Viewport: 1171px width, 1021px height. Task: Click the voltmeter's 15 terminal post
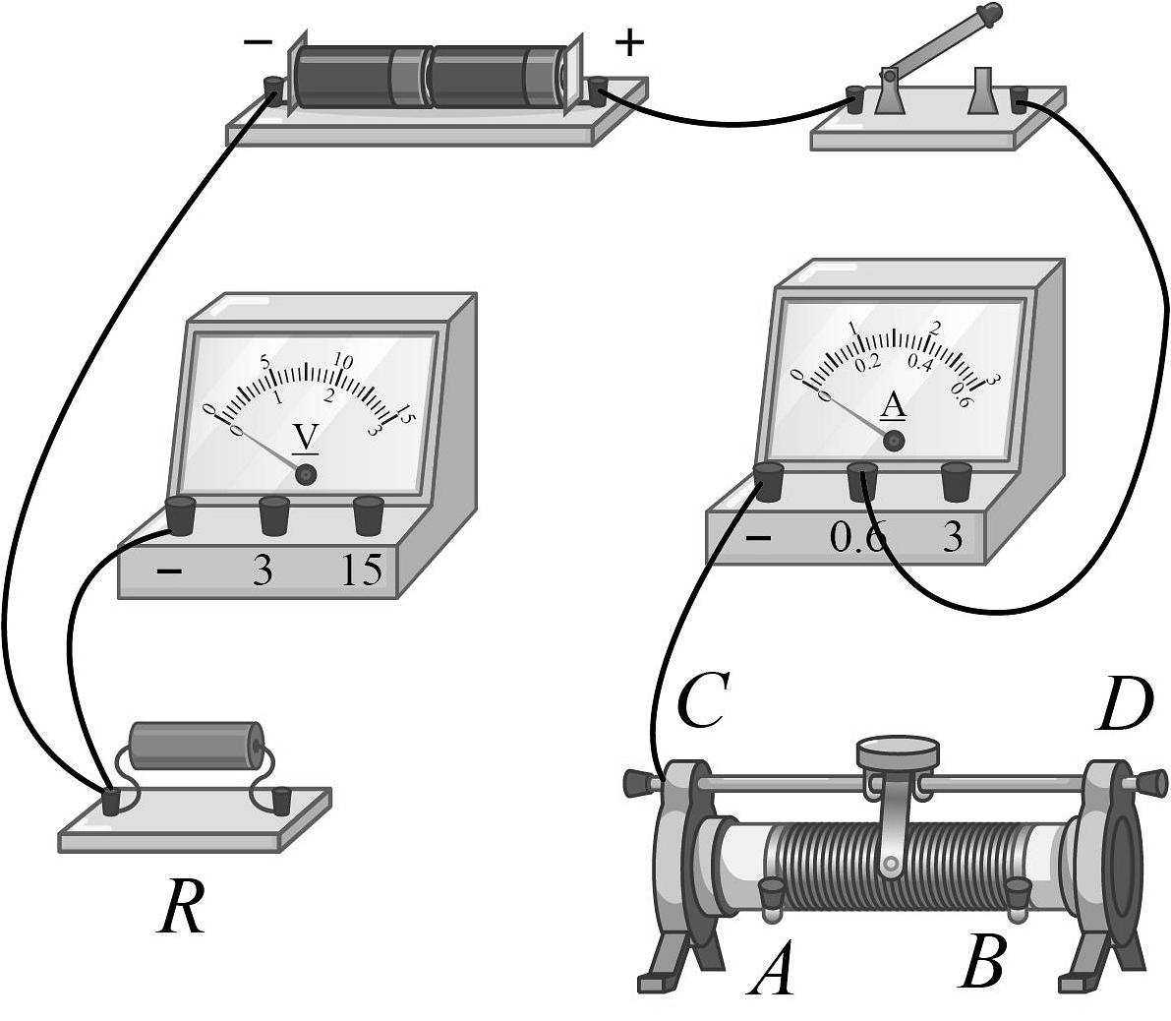368,514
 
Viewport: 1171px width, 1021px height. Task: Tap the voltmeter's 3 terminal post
274,514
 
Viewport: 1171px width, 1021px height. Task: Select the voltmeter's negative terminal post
181,514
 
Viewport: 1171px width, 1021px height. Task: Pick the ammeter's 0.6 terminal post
862,481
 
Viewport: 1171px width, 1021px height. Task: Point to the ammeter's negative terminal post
769,481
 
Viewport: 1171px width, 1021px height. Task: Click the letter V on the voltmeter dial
306,436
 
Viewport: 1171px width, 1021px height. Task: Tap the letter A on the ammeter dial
893,404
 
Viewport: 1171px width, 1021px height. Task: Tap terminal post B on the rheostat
1016,893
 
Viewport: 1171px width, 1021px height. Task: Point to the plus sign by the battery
629,42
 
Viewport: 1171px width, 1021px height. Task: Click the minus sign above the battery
258,42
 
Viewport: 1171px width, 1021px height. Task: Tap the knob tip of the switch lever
994,14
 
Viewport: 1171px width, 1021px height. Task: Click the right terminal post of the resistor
281,801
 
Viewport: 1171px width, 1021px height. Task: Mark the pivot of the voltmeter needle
307,475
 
